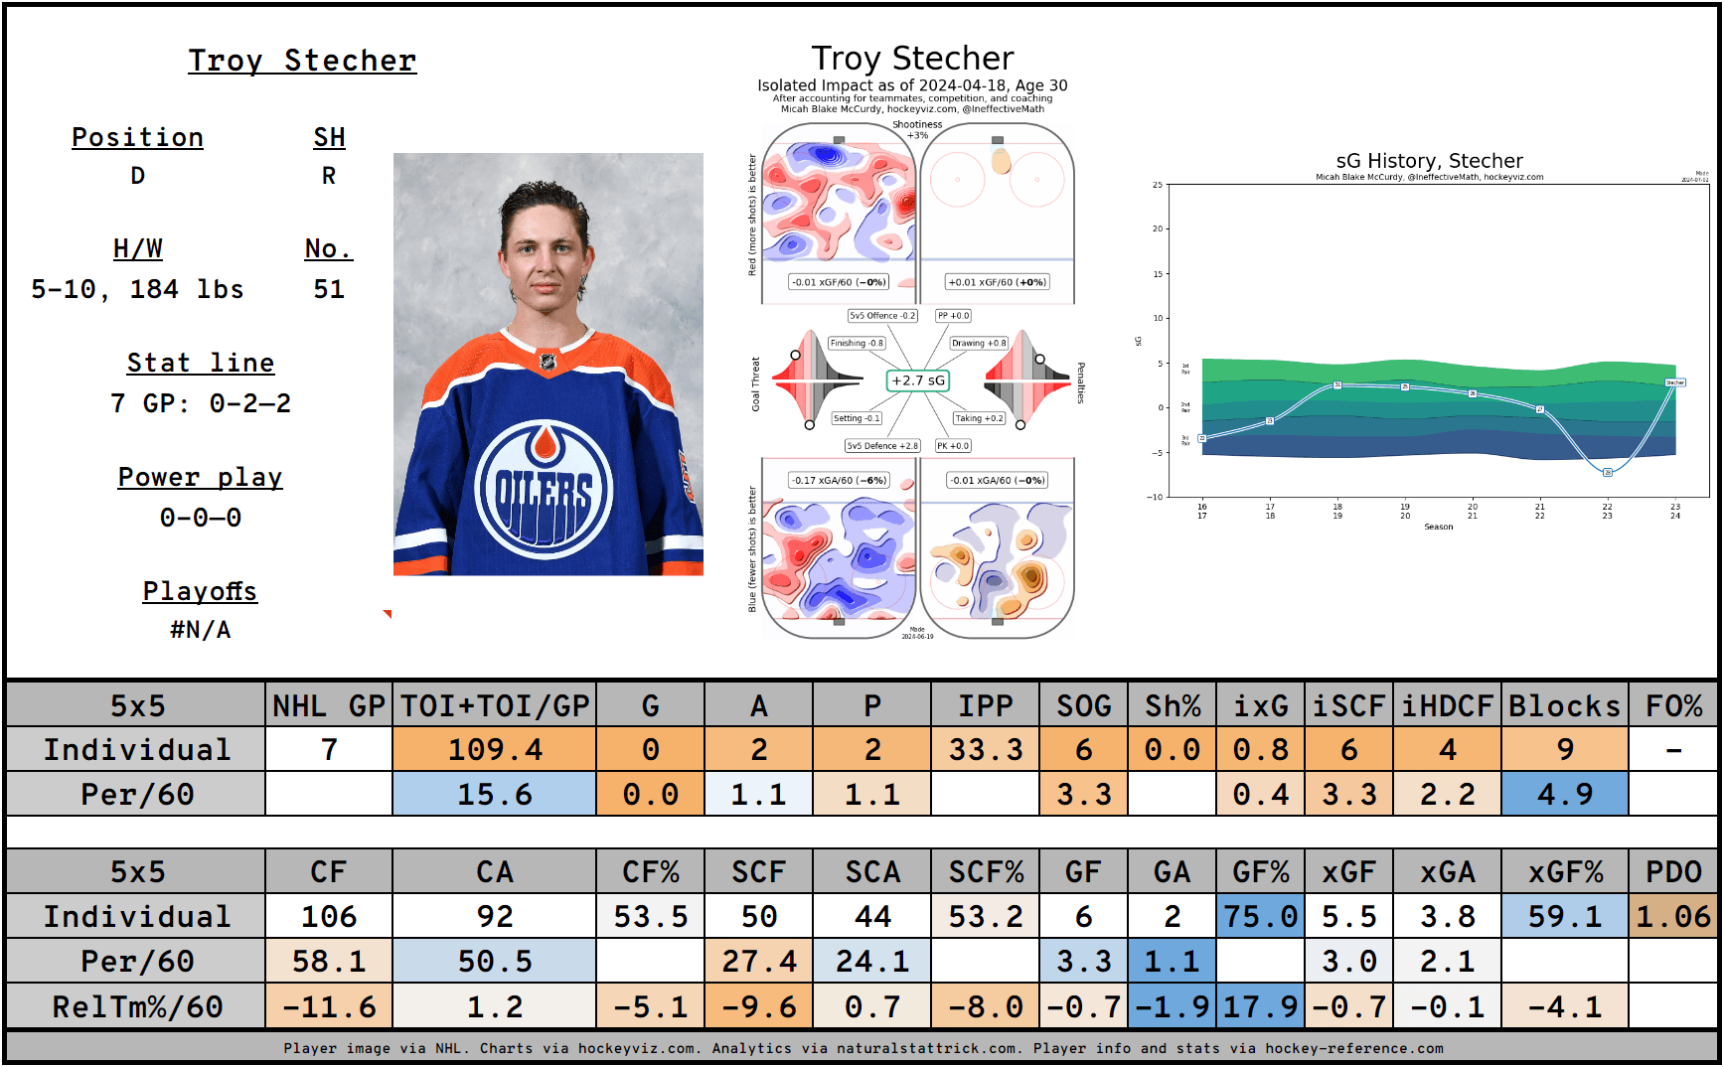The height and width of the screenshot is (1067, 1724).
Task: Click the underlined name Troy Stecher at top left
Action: click(302, 61)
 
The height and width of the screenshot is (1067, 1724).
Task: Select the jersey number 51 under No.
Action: click(329, 289)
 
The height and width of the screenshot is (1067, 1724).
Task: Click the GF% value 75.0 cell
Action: click(1260, 916)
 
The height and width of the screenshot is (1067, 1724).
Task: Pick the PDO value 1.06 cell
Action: click(1673, 916)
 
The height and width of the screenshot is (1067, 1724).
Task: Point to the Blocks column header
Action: click(1564, 705)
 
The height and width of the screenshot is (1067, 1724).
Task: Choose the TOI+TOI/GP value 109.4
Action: click(495, 749)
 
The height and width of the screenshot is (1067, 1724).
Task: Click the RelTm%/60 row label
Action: click(137, 1006)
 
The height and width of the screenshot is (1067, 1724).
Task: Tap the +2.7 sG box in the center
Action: click(917, 381)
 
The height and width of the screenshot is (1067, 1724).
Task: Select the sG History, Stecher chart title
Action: click(1429, 161)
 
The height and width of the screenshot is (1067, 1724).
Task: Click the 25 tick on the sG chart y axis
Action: click(1158, 185)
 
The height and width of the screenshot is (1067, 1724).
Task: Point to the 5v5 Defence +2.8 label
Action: click(882, 446)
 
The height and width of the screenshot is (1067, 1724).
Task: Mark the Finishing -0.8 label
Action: click(857, 343)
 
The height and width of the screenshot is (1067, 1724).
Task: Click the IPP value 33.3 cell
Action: click(985, 749)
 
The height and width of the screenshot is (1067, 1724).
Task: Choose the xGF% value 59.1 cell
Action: click(1564, 916)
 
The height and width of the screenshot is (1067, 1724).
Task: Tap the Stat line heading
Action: click(201, 363)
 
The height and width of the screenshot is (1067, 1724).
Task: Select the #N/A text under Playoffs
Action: click(201, 630)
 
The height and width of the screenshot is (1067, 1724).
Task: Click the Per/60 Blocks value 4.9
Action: click(1564, 794)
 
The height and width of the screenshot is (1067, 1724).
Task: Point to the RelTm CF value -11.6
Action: click(329, 1006)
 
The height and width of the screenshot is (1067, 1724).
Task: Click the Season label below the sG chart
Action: click(1438, 527)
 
